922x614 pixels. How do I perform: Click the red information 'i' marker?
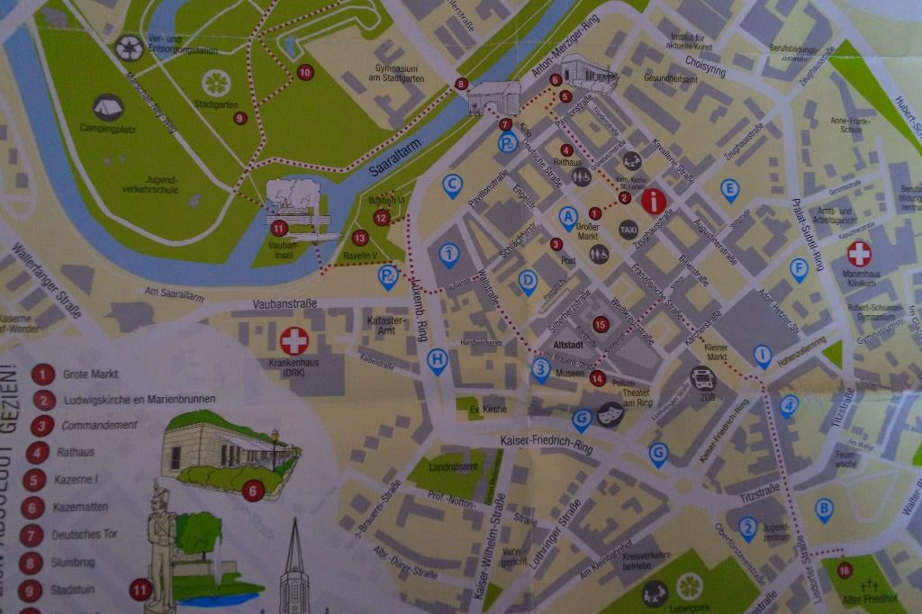click(x=654, y=201)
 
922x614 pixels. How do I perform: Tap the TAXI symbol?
click(x=628, y=230)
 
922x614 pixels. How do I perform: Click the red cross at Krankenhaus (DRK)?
click(x=294, y=340)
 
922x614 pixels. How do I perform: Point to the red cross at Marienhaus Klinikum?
click(x=860, y=253)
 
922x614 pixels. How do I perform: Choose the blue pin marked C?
click(x=453, y=185)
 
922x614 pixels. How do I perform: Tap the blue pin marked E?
click(x=729, y=189)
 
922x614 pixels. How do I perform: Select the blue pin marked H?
click(x=437, y=360)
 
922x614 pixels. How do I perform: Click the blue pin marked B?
click(x=824, y=509)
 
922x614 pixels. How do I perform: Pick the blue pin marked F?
click(x=798, y=268)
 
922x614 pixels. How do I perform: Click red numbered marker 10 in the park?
click(x=305, y=72)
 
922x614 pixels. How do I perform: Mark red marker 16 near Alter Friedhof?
click(x=844, y=570)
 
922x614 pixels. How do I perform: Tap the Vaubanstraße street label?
click(x=285, y=304)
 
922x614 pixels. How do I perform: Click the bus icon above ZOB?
click(x=702, y=378)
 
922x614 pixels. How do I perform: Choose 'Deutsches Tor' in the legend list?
click(x=85, y=534)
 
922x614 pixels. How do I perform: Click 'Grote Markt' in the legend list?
click(x=90, y=374)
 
